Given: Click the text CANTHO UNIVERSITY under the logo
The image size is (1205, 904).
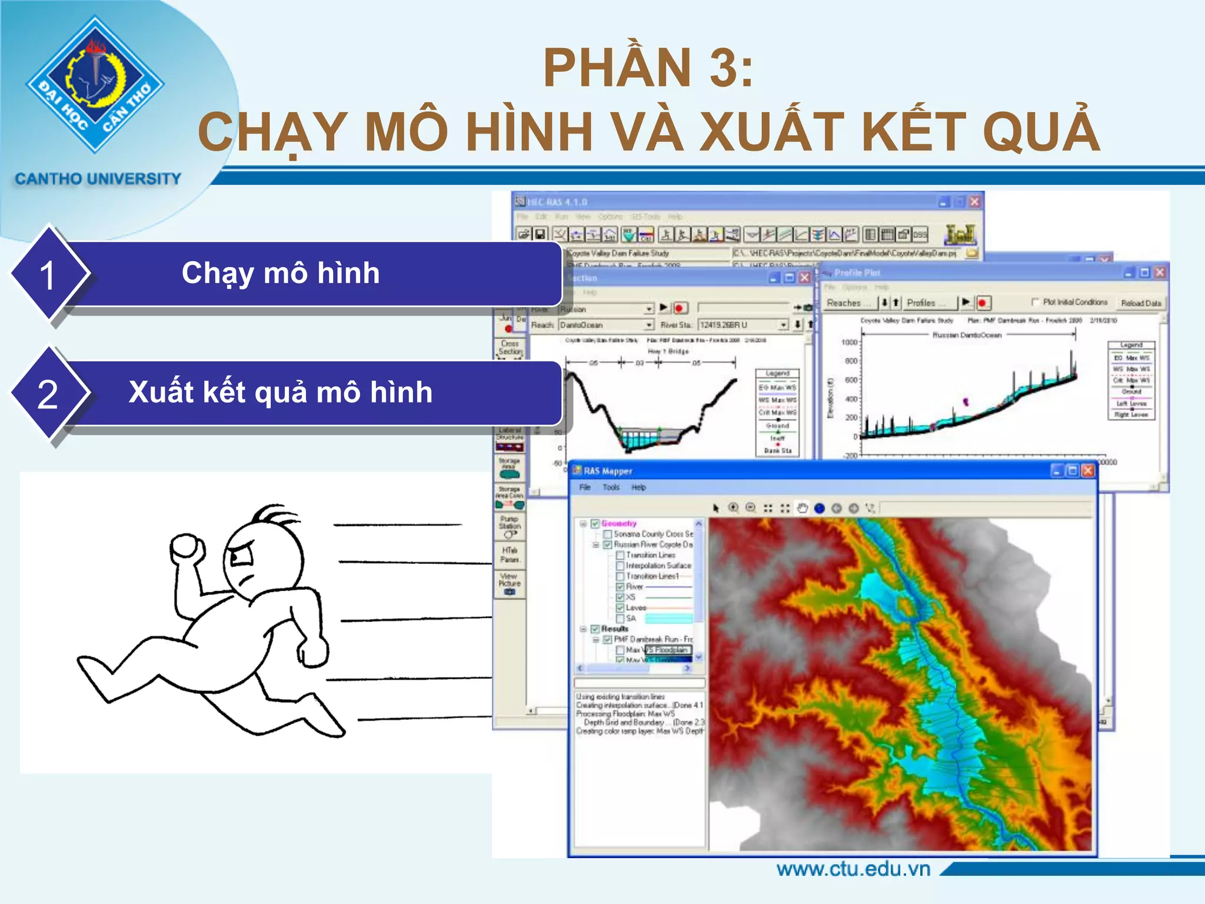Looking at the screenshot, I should pos(98,178).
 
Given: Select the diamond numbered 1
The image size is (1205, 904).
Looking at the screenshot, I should pos(48,275).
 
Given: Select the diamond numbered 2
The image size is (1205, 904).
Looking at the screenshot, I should pos(48,394).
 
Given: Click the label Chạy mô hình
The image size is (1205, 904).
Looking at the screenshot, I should pos(281,273).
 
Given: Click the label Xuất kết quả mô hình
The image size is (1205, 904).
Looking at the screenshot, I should pos(281,392).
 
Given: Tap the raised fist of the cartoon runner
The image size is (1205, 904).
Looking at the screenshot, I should pos(187,549).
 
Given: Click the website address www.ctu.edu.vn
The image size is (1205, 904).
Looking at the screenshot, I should pos(853,869).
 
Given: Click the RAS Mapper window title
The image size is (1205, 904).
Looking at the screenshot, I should pos(608,471).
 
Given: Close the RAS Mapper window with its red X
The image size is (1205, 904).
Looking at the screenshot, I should pos(1088,471).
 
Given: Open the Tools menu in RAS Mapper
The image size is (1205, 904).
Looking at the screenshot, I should pos(611,487).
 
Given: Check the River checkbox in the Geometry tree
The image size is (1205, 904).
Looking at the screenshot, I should pos(620,587).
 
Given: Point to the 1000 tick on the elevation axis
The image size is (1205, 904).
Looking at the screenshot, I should pos(850,342).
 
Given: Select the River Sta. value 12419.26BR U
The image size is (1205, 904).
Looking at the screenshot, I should pos(738,325).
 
